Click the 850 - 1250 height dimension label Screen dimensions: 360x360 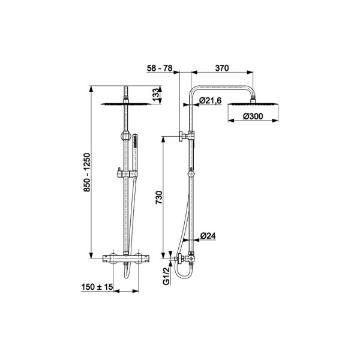click(x=87, y=172)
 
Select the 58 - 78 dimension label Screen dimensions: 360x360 click(x=160, y=68)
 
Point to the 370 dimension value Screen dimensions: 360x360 click(x=222, y=68)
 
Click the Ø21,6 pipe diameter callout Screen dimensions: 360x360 click(x=211, y=100)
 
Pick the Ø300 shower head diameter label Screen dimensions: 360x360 click(x=253, y=116)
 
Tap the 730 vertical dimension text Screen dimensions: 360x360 click(x=159, y=197)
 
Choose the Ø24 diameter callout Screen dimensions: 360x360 click(x=208, y=236)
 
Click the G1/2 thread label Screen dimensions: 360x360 click(x=167, y=276)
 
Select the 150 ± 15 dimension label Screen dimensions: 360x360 click(x=97, y=287)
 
